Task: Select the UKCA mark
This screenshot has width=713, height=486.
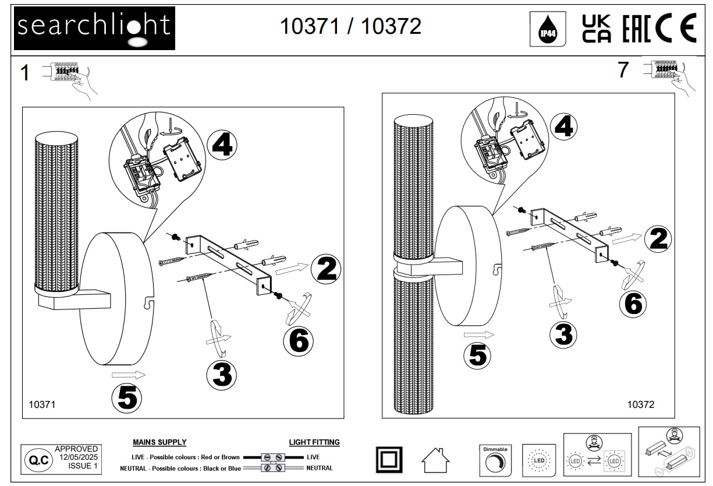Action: click(597, 29)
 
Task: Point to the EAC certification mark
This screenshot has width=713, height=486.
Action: click(636, 29)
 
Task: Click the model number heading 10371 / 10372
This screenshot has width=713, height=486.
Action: click(350, 26)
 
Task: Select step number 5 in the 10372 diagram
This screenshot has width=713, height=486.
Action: click(478, 355)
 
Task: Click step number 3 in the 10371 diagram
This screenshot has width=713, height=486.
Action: click(222, 374)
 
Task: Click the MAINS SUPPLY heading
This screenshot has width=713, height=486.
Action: click(159, 442)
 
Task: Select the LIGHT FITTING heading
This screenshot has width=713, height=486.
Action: click(314, 442)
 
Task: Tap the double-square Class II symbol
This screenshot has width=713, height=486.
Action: click(387, 460)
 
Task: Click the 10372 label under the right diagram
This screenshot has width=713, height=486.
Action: click(641, 404)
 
